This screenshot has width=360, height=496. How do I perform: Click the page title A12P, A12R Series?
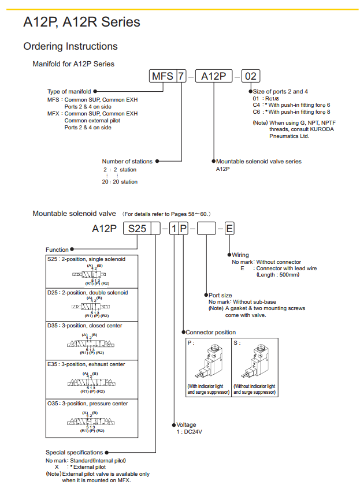(81, 23)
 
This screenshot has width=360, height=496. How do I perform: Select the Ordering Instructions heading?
(70, 46)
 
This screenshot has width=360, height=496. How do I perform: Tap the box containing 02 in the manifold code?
(250, 76)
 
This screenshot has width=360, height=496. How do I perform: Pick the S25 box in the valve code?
(137, 229)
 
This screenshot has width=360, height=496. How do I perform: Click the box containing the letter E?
(229, 229)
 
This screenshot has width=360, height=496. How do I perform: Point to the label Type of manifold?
(69, 91)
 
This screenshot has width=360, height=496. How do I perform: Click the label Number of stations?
(127, 161)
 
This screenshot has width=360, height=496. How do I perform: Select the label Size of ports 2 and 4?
(280, 91)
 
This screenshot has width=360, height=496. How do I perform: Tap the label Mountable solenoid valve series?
(258, 161)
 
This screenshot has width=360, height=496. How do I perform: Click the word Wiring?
(240, 255)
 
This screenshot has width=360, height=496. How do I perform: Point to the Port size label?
(220, 295)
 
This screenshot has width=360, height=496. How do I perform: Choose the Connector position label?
(210, 333)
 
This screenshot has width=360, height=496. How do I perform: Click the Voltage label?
(186, 425)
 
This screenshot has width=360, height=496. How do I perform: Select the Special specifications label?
(74, 452)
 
